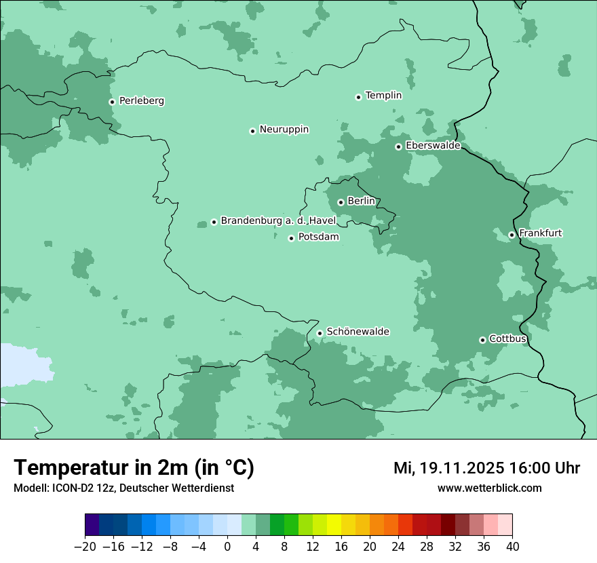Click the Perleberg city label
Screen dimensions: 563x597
(x=141, y=101)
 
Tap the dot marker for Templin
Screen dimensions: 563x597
(x=358, y=97)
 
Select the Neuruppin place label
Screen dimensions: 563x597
(x=284, y=130)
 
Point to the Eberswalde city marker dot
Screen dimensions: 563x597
(x=398, y=147)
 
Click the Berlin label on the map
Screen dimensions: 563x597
(x=361, y=201)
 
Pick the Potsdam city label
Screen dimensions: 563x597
(x=318, y=237)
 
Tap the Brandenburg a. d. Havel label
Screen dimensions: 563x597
(x=278, y=221)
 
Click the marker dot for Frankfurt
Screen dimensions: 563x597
(x=512, y=235)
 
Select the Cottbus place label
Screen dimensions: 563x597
(x=507, y=339)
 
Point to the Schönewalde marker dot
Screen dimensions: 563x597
(x=320, y=333)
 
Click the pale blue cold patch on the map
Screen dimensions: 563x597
(x=24, y=366)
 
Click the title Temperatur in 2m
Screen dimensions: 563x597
(x=134, y=468)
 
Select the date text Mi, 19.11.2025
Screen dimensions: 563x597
(x=448, y=468)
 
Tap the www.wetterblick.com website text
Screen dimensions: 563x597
(x=489, y=488)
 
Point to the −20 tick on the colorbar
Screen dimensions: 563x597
(x=85, y=547)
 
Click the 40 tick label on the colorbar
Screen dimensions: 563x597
(x=512, y=547)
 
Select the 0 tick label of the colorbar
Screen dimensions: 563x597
(x=227, y=547)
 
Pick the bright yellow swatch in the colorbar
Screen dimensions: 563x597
(x=334, y=525)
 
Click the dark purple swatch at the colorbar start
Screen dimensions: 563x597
(x=92, y=525)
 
